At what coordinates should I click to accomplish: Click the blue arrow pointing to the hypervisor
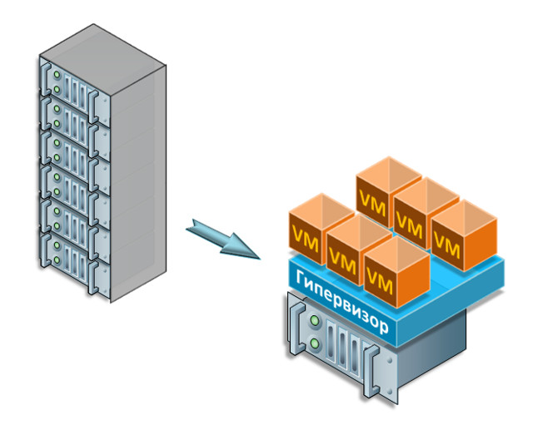tap(222, 239)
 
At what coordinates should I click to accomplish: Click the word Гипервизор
tap(341, 302)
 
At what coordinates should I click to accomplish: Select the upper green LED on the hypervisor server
tap(315, 319)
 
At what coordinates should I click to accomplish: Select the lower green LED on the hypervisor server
tap(315, 343)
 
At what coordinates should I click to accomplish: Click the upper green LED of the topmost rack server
tap(57, 75)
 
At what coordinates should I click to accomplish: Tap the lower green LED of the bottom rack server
tap(57, 260)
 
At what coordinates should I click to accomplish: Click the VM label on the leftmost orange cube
tap(306, 239)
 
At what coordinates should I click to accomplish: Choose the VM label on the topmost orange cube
tap(372, 203)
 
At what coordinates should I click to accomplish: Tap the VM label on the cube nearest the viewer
tap(380, 282)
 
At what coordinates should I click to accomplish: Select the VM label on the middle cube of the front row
tap(342, 261)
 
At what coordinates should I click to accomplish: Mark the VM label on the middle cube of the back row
tap(410, 225)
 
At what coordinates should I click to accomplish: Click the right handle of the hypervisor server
tap(371, 371)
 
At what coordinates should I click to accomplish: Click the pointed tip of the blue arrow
tap(261, 259)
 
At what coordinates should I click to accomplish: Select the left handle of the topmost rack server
tap(45, 79)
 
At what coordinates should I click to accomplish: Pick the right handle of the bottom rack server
tap(92, 277)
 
